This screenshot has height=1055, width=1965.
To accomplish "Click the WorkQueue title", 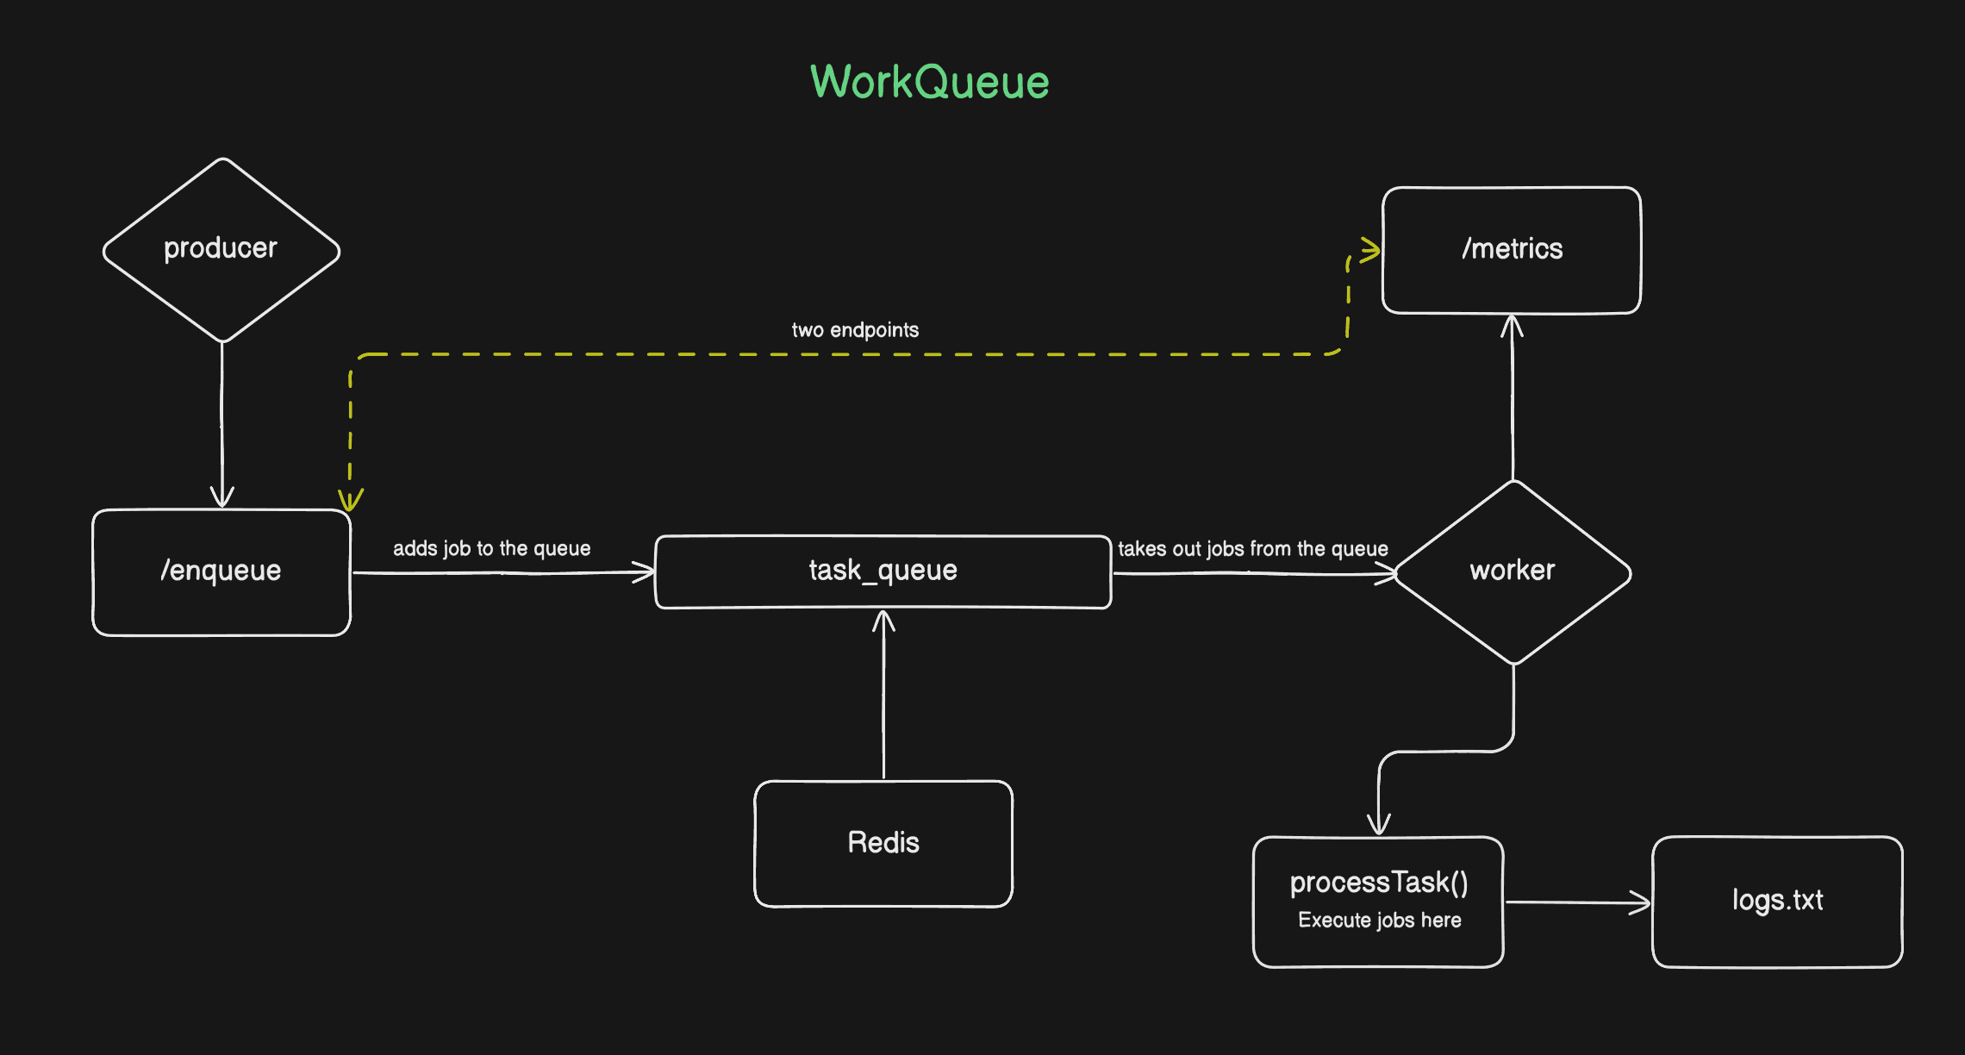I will pos(929,83).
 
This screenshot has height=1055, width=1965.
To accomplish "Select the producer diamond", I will pos(221,249).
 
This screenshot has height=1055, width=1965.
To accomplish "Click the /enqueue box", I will pos(221,571).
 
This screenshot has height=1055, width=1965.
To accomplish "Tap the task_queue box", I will pos(883,571).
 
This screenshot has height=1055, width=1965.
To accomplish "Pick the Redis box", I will pos(883,843).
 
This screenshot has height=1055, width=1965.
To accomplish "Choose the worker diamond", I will pos(1512,571).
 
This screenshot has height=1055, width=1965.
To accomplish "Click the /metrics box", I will pos(1512,249).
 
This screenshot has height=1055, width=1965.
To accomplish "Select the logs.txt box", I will pos(1777,901).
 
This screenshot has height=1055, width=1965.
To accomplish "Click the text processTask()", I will pos(1378,883).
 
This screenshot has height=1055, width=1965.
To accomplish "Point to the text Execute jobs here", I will pos(1379,921).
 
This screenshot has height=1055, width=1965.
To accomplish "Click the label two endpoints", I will pos(855,330).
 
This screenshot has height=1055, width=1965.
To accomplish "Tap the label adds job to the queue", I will pos(491,549).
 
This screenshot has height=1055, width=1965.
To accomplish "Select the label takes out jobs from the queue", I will pos(1252,549).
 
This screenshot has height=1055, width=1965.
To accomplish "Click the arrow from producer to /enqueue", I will pos(221,422).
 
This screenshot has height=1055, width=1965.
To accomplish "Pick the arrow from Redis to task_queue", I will pos(883,698).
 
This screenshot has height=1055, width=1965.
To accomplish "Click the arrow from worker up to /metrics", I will pos(1513,396).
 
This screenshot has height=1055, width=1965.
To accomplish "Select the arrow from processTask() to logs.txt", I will pos(1577,902).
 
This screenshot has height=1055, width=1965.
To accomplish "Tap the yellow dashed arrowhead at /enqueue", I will pos(350,500).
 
